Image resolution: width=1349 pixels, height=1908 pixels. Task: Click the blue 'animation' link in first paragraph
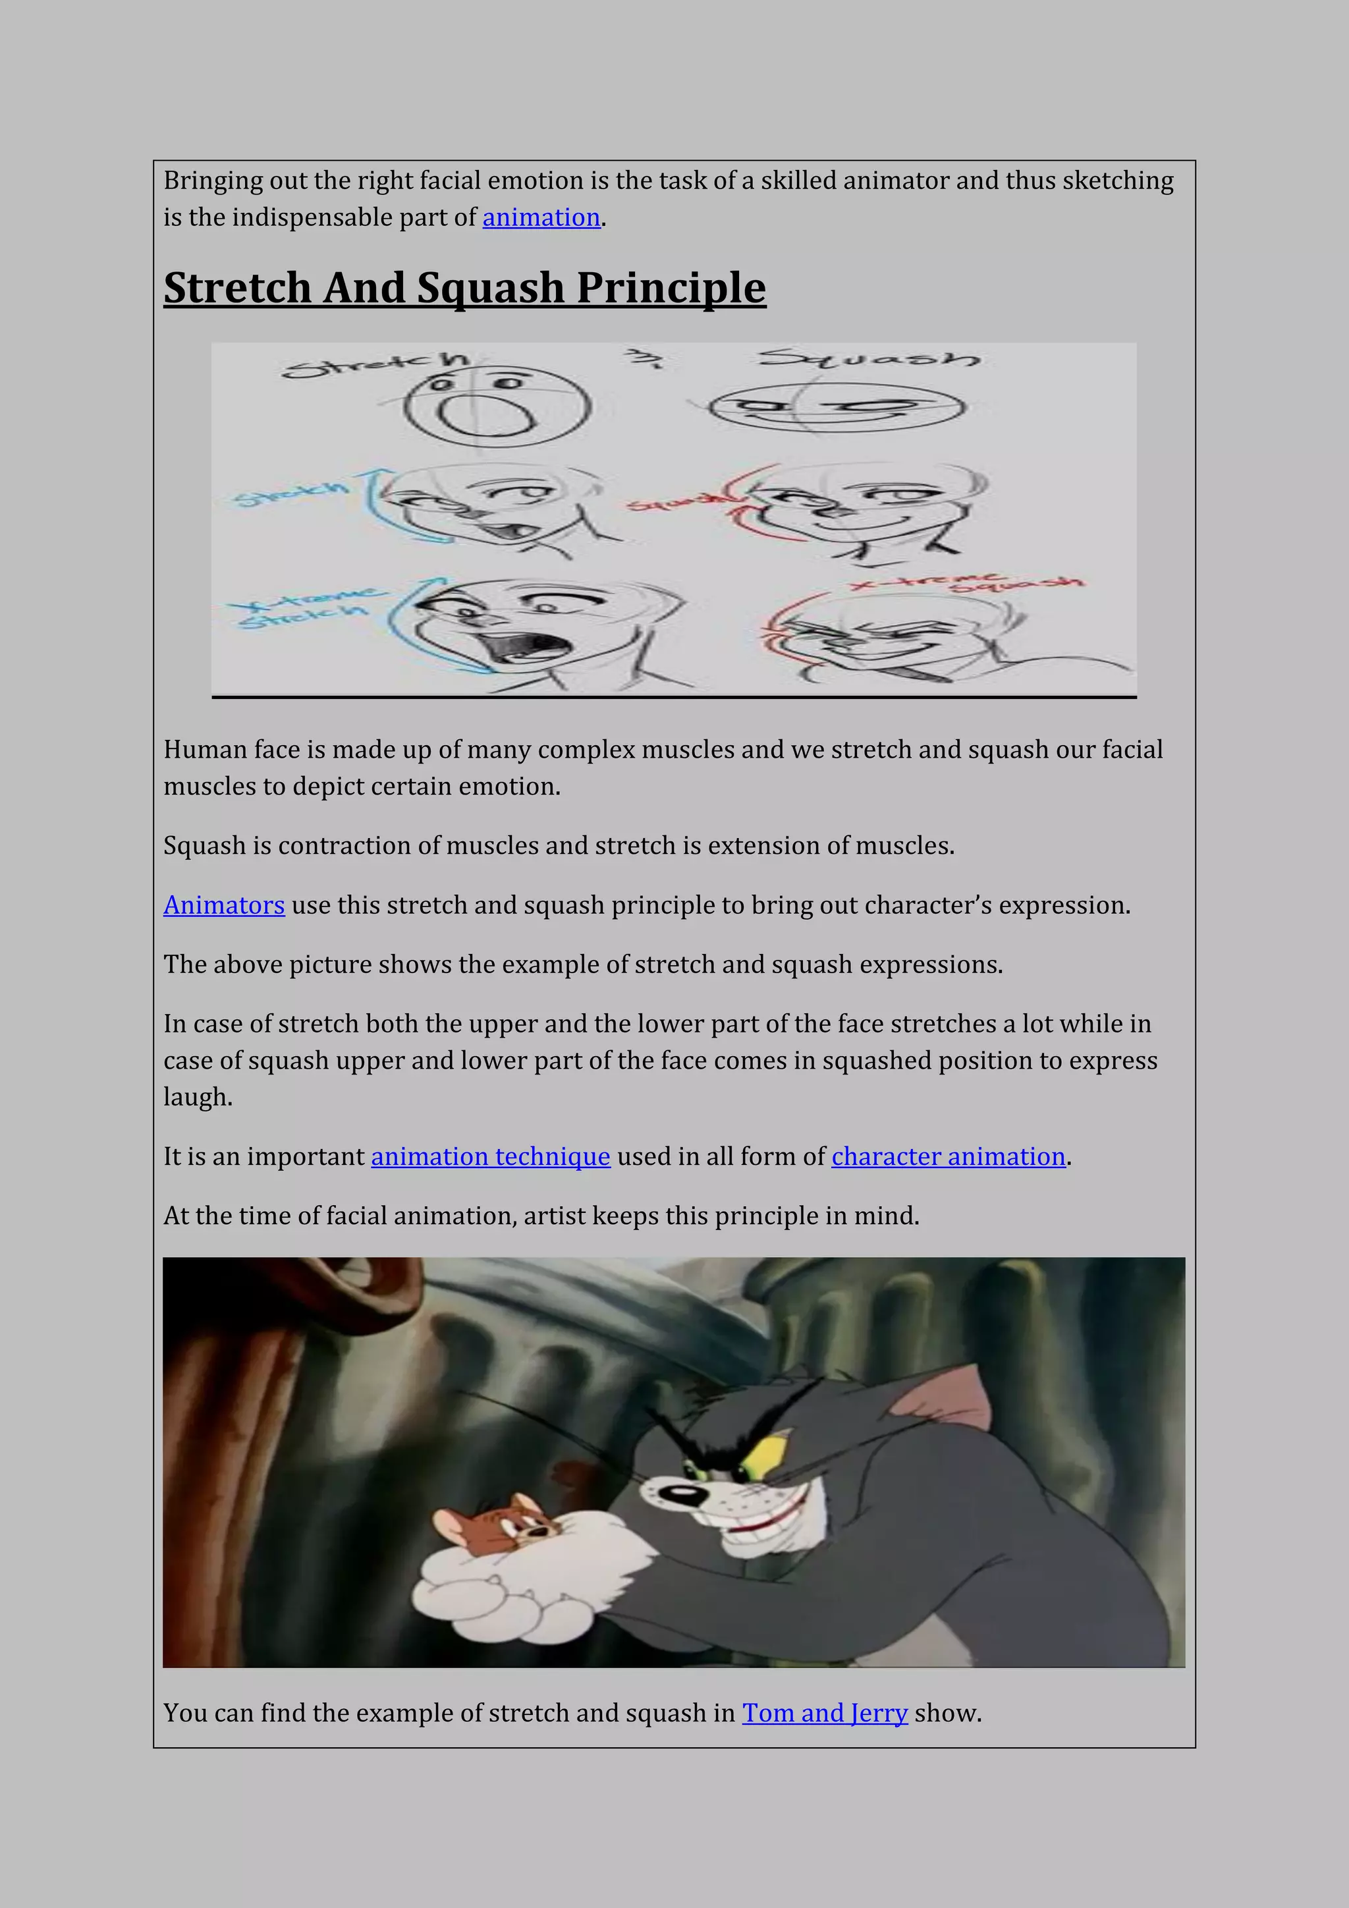point(541,217)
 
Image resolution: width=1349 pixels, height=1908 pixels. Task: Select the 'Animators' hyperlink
point(223,905)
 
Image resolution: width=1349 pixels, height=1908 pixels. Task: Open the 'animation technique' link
point(490,1157)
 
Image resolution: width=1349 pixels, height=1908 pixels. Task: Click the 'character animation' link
point(948,1157)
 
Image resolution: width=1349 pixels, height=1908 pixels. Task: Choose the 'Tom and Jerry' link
point(824,1713)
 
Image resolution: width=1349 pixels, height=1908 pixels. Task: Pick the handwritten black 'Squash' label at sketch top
point(868,360)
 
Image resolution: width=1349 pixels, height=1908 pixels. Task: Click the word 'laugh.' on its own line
point(198,1097)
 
